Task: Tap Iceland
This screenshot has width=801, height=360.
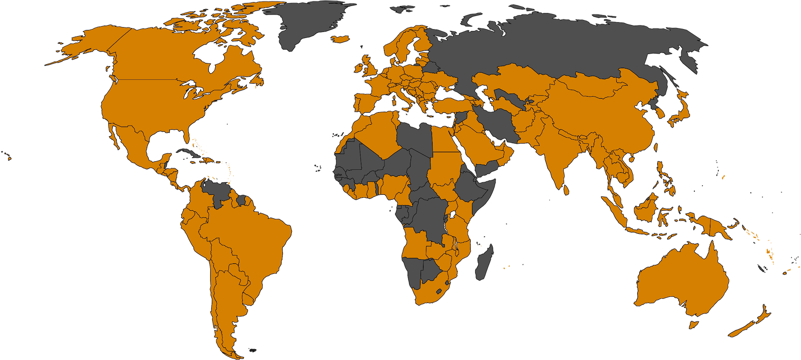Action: click(x=341, y=39)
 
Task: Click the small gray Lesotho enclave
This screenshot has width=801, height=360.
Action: click(x=440, y=291)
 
